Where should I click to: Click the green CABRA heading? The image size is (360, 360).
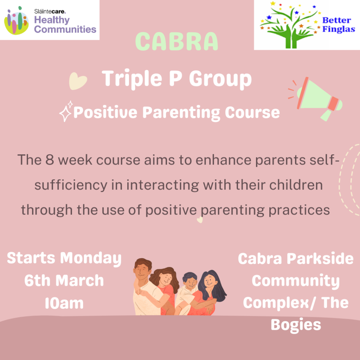coord(176,41)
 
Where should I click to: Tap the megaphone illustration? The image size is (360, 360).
coord(315,98)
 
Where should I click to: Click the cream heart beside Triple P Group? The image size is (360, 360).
coord(78,81)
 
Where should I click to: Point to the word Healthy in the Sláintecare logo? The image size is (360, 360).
coord(52,20)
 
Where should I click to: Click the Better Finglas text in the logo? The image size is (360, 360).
coord(339,25)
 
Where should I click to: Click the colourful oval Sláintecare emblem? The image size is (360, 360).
coord(16,21)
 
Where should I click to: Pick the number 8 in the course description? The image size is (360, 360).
coord(49,160)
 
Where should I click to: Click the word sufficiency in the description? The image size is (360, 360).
coord(71,185)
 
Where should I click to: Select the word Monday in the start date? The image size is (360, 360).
coord(91,258)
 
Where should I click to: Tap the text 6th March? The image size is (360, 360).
coord(64,281)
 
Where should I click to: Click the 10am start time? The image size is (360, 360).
coord(64,303)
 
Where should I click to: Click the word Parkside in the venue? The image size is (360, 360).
coord(320,259)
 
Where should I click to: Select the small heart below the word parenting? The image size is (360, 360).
coord(200,220)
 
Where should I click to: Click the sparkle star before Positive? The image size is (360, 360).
coord(66,111)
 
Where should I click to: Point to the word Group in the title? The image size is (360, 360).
coord(220,79)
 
